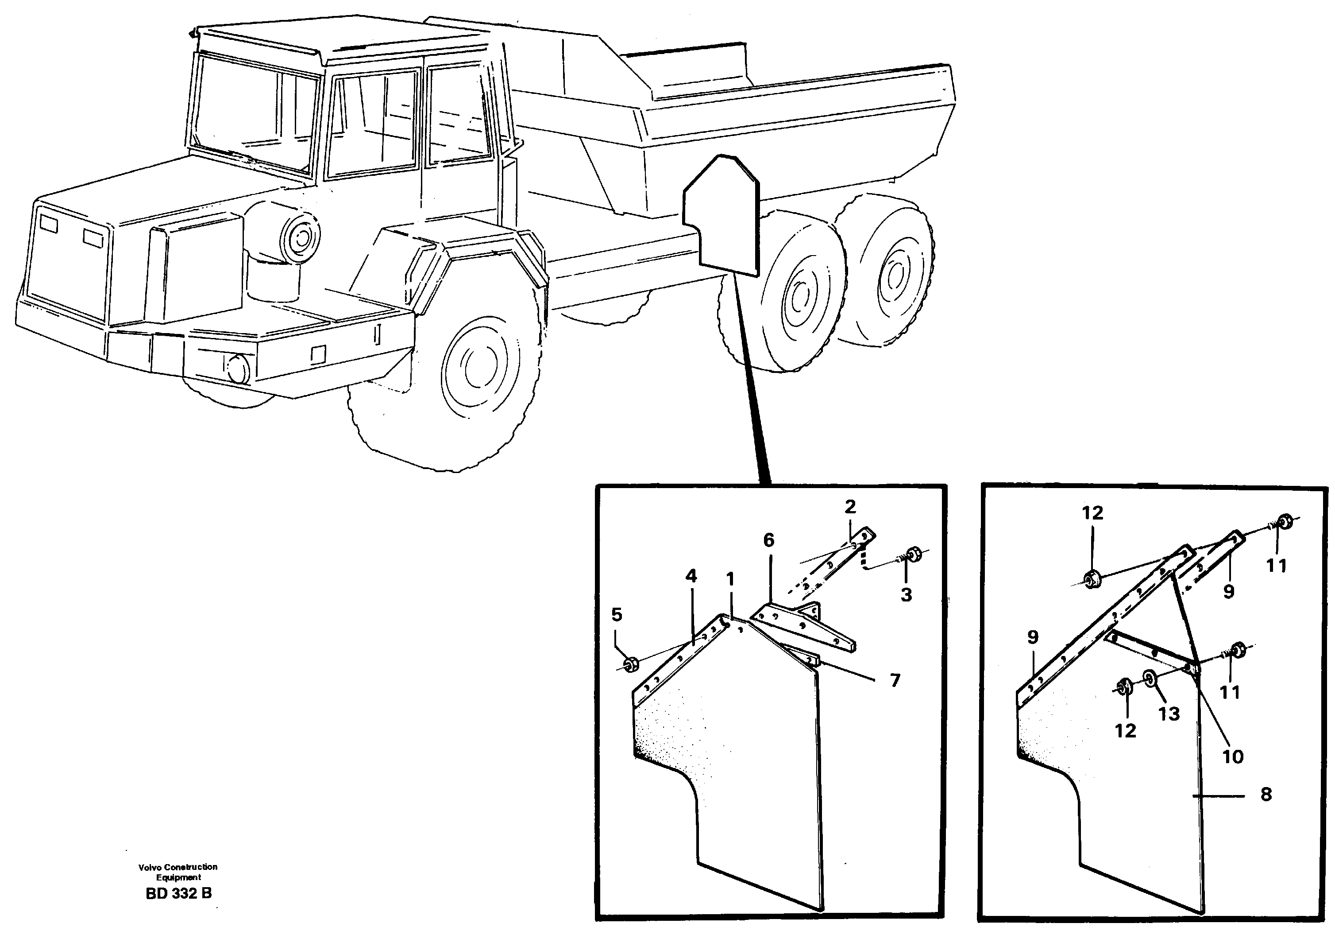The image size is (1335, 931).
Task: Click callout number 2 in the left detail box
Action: click(850, 507)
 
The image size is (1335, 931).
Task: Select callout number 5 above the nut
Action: click(617, 614)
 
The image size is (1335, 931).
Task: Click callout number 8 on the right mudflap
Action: click(1266, 794)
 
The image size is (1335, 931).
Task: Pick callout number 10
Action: click(1233, 756)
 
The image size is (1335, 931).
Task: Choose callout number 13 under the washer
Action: click(1169, 714)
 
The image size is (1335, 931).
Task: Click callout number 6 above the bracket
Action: click(769, 540)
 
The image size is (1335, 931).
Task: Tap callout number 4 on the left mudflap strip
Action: click(691, 576)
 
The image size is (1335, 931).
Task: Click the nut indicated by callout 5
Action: click(630, 664)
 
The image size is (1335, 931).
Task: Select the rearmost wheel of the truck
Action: click(884, 273)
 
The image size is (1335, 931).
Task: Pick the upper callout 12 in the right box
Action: click(1092, 513)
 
